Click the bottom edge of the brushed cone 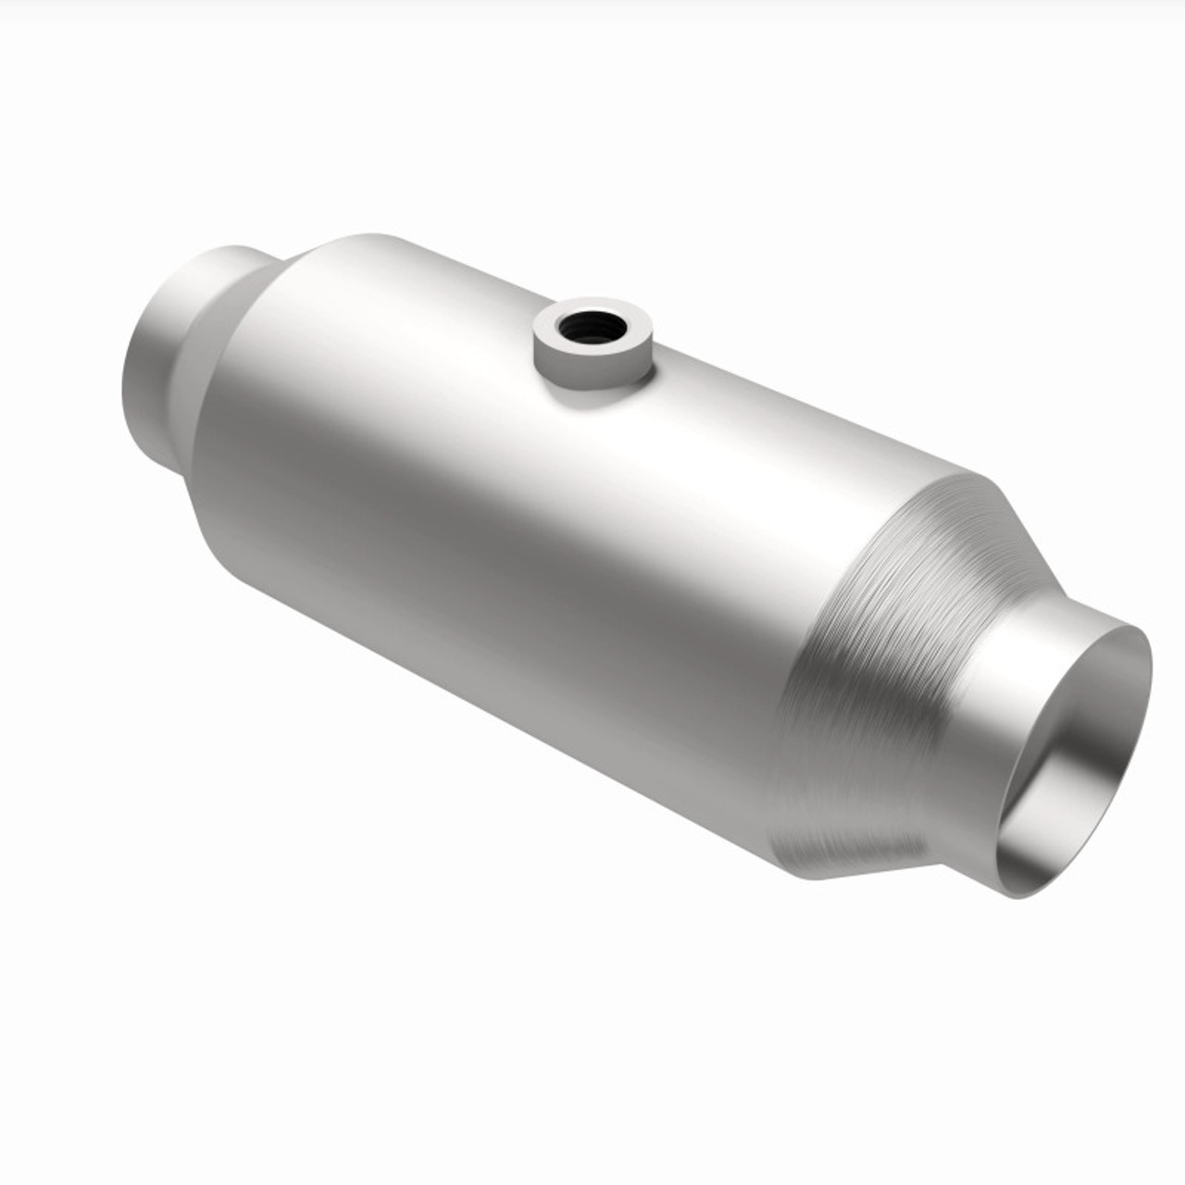tap(852, 875)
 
